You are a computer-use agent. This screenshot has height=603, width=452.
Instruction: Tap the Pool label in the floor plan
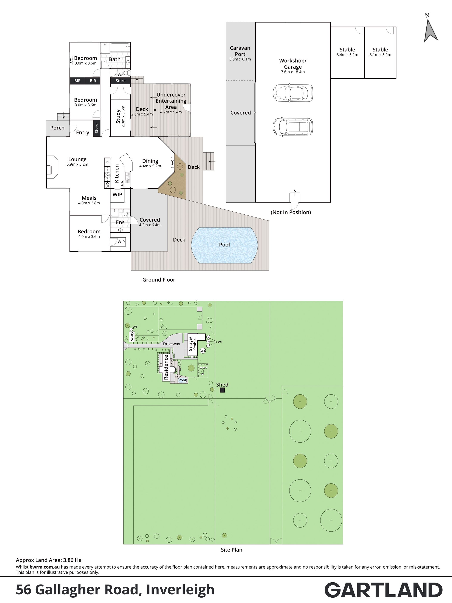coord(224,245)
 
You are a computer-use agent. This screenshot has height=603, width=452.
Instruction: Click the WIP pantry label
coord(117,194)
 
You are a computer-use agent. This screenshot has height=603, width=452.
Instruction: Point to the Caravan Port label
coord(240,51)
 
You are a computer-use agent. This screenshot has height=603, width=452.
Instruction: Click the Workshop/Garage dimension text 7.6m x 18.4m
coord(293,72)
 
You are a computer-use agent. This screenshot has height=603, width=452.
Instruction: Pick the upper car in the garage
coord(293,93)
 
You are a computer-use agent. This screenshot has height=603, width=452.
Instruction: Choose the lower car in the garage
coord(293,126)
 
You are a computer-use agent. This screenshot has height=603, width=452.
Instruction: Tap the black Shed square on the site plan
coord(222,390)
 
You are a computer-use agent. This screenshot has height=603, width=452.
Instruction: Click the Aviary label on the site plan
coord(132,336)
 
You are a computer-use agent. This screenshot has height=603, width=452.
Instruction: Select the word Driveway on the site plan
coord(172,344)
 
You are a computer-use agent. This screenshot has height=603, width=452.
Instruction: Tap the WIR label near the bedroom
coord(121,242)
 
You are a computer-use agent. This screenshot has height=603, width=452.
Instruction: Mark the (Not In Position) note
coord(291,212)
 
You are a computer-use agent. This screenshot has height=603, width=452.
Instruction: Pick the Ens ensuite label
coord(120,222)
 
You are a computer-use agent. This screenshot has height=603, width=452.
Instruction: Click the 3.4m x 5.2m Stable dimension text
coord(347,55)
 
